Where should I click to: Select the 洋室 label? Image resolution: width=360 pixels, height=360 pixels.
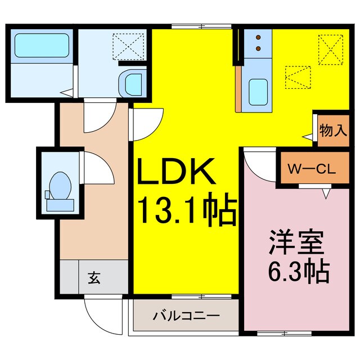296,244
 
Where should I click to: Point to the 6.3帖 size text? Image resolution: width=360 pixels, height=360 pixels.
296,273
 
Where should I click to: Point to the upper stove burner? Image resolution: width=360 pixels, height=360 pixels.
258,37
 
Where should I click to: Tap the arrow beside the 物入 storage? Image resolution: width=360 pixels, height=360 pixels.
307,136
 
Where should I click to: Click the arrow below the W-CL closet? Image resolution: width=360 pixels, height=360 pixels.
325,194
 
